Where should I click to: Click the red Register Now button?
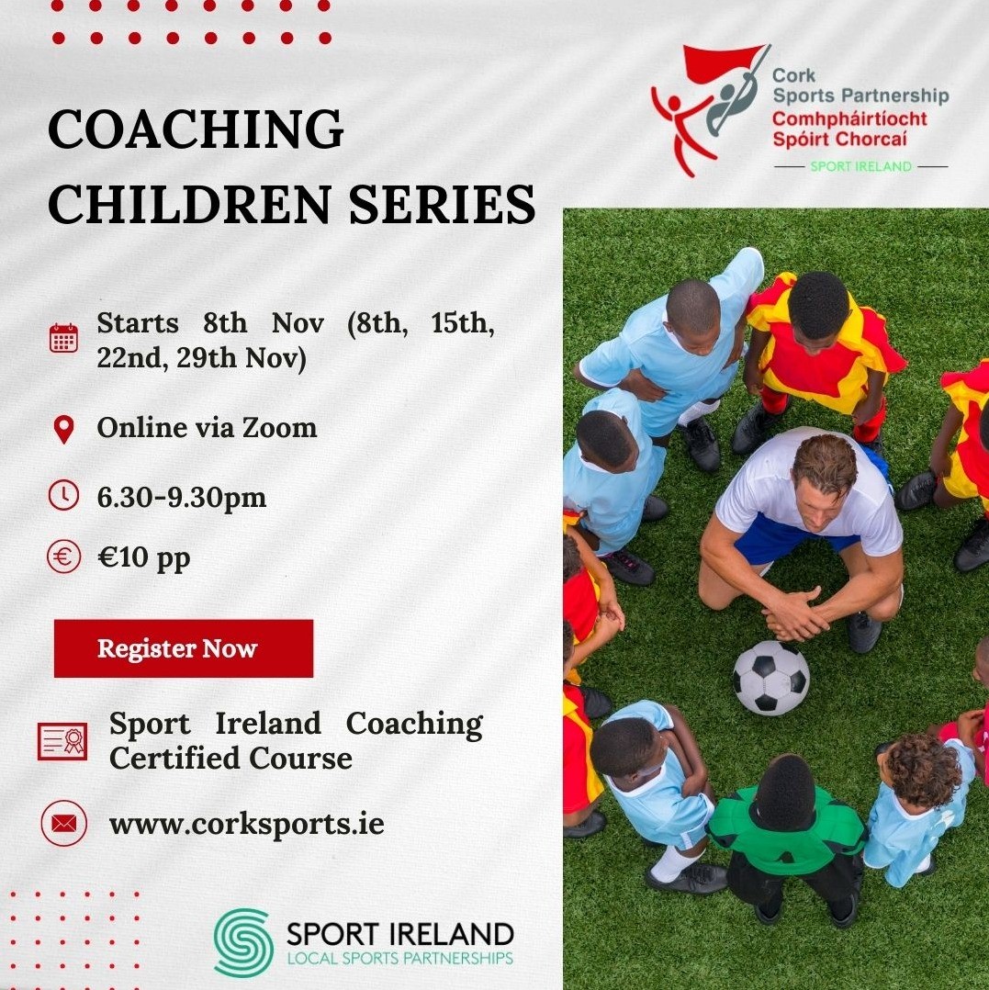pos(183,648)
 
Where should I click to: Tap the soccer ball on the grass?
pos(770,678)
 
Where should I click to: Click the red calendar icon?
pos(63,338)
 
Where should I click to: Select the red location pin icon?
pos(63,429)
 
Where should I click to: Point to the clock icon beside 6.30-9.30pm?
pos(63,497)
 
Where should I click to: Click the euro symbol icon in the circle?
pos(63,557)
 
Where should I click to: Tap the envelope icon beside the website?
pos(63,823)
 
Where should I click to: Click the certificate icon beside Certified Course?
pos(62,740)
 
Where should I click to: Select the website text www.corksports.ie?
pos(246,823)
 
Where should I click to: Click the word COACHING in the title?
pos(196,129)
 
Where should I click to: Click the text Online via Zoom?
pos(207,428)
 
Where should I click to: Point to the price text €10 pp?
pos(143,557)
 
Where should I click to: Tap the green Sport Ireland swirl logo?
pos(243,941)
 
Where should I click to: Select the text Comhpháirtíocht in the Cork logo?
pos(849,119)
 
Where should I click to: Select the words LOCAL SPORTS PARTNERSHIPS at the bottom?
pos(399,959)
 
